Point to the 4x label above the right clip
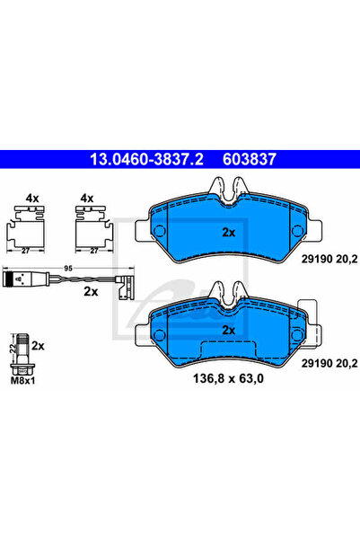click(87, 197)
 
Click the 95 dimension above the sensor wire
click(67, 265)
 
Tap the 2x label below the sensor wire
click(90, 292)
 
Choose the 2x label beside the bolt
click(38, 344)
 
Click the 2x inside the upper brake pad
click(229, 231)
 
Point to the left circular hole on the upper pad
click(162, 233)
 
